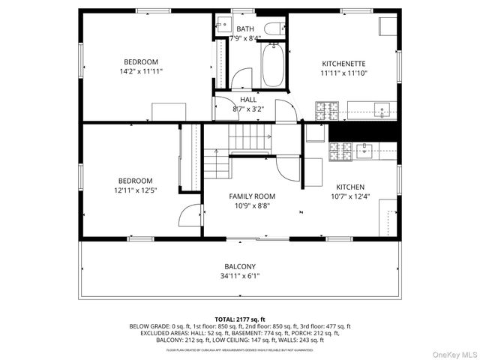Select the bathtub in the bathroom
[272, 66]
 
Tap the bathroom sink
[222, 28]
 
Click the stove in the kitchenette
[326, 112]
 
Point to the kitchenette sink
[382, 112]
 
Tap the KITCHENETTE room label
[343, 64]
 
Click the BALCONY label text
[240, 266]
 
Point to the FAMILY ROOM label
[252, 196]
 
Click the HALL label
[248, 99]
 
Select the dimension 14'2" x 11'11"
[141, 71]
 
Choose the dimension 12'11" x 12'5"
[135, 190]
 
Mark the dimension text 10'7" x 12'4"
[349, 196]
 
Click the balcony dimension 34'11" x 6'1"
[240, 276]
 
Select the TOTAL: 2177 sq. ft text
[239, 319]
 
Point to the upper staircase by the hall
[247, 137]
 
